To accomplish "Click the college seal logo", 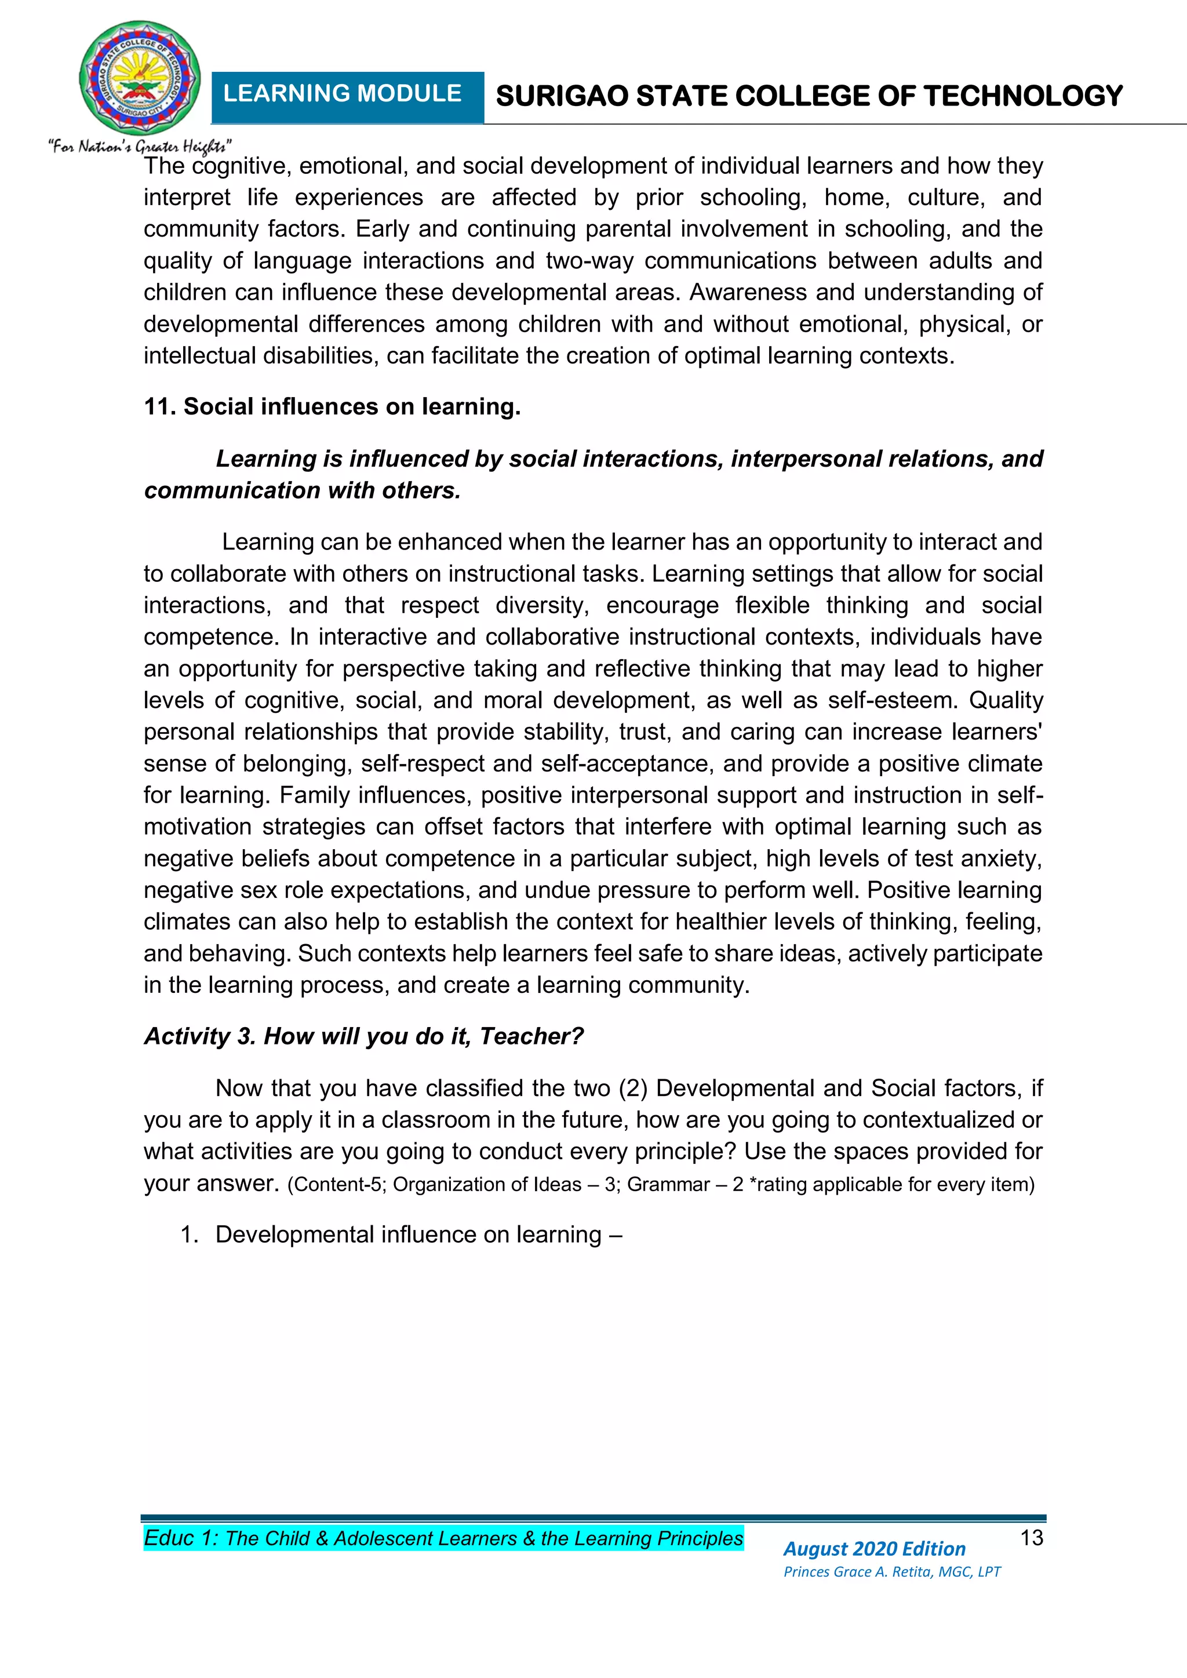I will (139, 79).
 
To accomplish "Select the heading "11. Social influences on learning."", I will (332, 406).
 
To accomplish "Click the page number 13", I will (1031, 1538).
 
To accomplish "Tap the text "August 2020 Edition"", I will (874, 1549).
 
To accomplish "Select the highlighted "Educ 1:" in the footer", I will (180, 1538).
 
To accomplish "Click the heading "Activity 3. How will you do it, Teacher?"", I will (363, 1036).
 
